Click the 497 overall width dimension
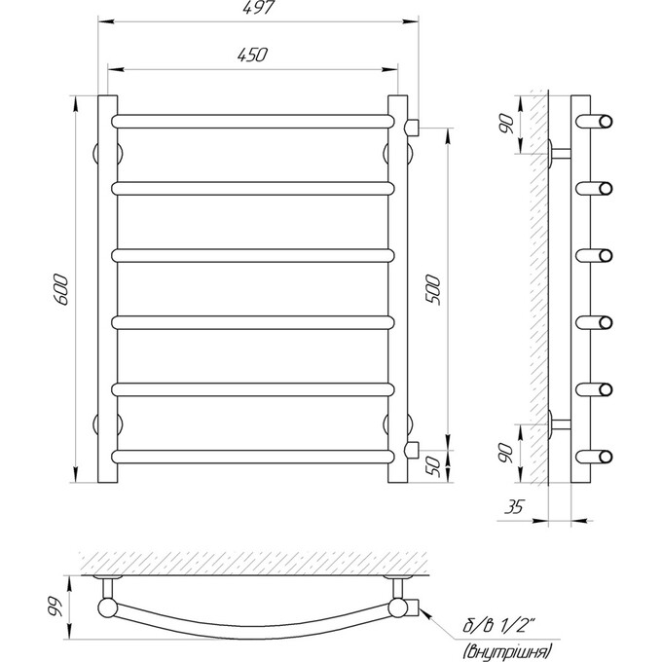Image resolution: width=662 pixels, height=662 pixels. (x=258, y=7)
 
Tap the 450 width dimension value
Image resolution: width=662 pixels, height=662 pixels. (x=252, y=55)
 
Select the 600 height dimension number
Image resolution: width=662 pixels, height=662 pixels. (x=61, y=290)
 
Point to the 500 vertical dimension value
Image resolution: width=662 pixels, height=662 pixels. (x=433, y=290)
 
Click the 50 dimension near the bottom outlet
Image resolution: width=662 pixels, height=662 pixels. (x=433, y=467)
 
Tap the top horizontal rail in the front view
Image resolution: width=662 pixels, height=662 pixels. (x=253, y=121)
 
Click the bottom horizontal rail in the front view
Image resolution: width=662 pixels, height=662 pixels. (x=253, y=457)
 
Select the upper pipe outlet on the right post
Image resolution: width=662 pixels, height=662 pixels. (x=412, y=128)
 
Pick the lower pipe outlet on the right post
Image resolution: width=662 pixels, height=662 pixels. (x=412, y=450)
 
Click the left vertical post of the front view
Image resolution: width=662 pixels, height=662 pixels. (x=108, y=289)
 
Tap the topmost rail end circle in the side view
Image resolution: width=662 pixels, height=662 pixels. (x=605, y=121)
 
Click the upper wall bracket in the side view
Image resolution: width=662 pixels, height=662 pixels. (x=560, y=153)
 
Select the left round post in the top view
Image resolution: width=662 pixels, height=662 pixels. (x=108, y=608)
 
